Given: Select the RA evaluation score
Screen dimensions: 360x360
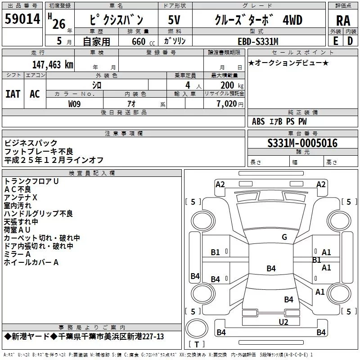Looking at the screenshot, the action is [x=343, y=20].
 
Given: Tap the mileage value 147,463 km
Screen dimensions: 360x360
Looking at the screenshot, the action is [x=53, y=64].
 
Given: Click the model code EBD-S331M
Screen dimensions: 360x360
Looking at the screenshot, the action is [x=258, y=41].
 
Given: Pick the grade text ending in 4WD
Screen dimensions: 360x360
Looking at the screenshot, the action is [x=258, y=20].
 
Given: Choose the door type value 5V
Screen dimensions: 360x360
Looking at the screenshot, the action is [x=174, y=20].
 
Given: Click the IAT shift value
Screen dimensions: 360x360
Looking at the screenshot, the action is [x=13, y=94].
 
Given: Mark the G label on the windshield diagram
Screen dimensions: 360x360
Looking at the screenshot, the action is [x=284, y=237].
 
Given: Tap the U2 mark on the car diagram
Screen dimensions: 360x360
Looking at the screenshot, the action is [x=283, y=322].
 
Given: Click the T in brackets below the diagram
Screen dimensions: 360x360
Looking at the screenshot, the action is [x=196, y=345].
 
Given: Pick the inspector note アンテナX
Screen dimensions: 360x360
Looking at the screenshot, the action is [x=21, y=198].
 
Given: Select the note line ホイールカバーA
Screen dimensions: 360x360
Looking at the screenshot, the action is [x=31, y=262].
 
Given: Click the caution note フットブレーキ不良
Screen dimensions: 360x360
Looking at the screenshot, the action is [x=39, y=152].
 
